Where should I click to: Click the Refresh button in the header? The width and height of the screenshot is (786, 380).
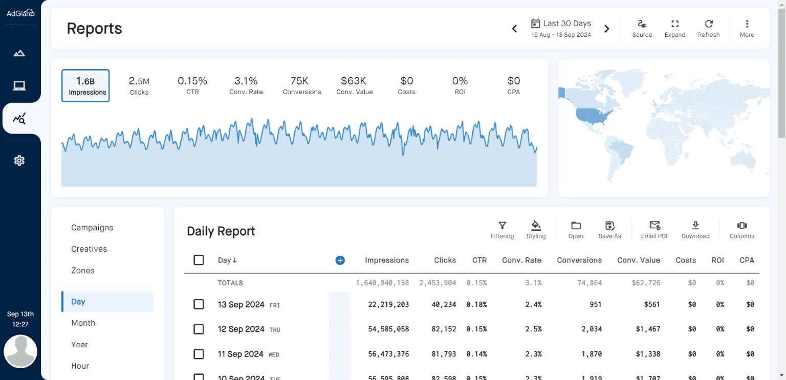(x=709, y=28)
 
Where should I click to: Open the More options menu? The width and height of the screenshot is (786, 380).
(x=747, y=28)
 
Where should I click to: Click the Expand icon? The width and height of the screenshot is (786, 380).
(x=675, y=28)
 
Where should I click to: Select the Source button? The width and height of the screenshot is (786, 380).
(x=642, y=28)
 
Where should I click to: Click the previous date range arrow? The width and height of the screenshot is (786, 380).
(x=515, y=29)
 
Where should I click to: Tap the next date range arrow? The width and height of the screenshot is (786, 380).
(x=607, y=29)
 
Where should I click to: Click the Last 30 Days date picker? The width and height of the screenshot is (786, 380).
(x=561, y=28)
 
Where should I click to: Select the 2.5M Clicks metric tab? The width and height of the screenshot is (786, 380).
(x=139, y=85)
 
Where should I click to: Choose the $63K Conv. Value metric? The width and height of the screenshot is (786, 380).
(x=354, y=85)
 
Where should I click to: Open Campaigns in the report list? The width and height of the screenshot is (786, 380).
(x=92, y=228)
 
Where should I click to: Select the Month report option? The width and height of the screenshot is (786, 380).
(x=83, y=323)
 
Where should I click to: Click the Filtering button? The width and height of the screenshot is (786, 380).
(x=502, y=230)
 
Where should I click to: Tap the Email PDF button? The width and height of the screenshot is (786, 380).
(x=655, y=230)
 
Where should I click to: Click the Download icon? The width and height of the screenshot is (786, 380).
(x=695, y=230)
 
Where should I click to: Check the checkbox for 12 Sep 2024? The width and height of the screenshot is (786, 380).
(x=199, y=329)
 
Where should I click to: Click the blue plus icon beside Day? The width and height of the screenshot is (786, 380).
(x=340, y=260)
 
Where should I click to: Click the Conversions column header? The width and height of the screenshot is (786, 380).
(x=579, y=260)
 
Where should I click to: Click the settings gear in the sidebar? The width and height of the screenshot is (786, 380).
(x=19, y=161)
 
